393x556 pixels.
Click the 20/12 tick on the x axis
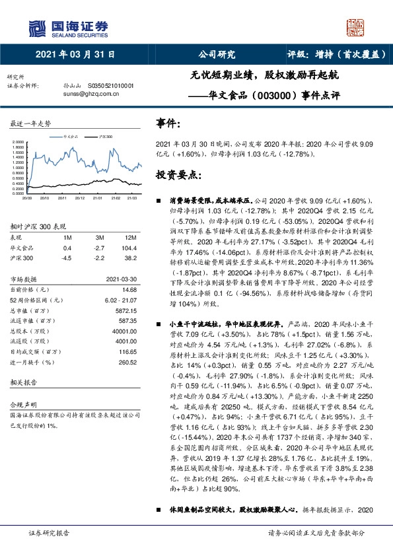(x=79, y=196)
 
